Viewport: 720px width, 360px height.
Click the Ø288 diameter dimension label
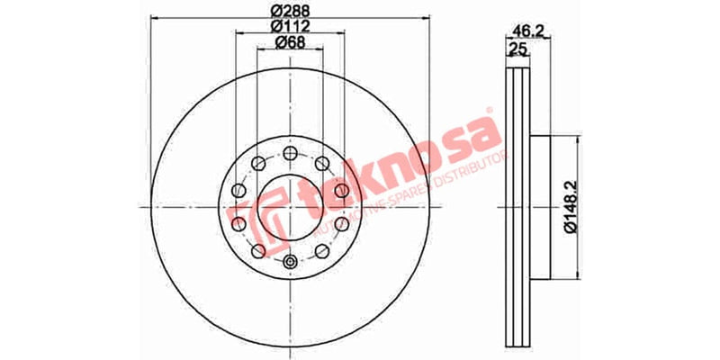click(290, 12)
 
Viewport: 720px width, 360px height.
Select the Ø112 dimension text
click(290, 27)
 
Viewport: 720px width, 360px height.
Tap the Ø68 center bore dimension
click(290, 42)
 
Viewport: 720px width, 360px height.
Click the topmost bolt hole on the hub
click(290, 152)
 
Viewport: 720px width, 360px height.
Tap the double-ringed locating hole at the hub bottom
click(290, 262)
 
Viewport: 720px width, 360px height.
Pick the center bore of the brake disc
click(290, 207)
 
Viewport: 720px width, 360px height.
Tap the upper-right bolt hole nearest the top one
click(321, 163)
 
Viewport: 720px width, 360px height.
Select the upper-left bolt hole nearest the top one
click(258, 163)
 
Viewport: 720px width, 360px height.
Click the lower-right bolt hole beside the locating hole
click(321, 251)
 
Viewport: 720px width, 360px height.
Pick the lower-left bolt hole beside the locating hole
click(258, 251)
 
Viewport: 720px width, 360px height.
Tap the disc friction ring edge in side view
click(517, 207)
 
